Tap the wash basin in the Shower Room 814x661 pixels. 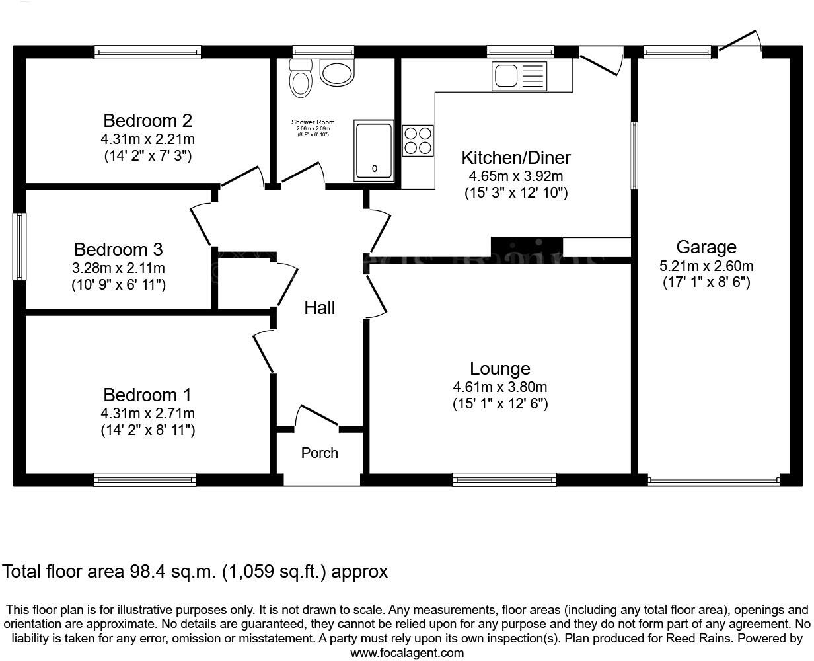pos(338,71)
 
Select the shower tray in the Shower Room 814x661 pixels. pos(375,150)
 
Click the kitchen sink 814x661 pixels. pos(519,76)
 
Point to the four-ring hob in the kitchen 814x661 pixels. pos(418,141)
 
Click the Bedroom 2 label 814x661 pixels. pos(147,121)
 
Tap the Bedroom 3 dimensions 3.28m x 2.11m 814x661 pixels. pos(119,268)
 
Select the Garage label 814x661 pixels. pos(706,247)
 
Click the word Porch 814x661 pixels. pos(319,453)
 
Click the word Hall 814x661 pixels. pos(319,307)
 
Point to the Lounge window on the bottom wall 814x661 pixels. pos(504,480)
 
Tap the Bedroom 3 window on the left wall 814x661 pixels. pos(20,246)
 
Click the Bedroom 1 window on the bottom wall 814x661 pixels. pos(145,480)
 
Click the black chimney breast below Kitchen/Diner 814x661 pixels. pos(526,247)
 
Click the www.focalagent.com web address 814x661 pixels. pos(406,653)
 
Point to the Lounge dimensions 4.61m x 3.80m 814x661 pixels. pos(499,387)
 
